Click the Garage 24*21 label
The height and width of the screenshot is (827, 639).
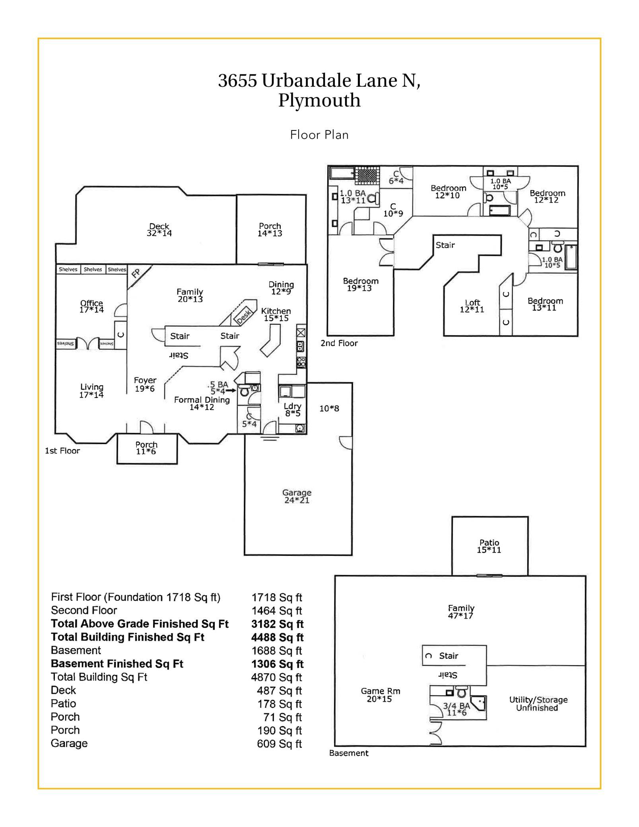[297, 496]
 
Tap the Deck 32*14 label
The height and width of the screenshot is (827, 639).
[159, 230]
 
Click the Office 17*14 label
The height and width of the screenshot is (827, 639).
[91, 306]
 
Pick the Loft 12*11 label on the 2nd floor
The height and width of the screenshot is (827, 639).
[472, 306]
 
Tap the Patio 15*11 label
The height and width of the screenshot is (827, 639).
[489, 546]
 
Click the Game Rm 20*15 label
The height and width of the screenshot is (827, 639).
[381, 695]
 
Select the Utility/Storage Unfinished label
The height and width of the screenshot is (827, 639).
[538, 703]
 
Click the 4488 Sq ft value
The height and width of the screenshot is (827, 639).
[277, 637]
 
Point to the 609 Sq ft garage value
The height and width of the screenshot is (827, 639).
[280, 744]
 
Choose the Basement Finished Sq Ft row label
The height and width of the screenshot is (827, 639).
[117, 664]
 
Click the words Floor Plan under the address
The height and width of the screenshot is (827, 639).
[319, 135]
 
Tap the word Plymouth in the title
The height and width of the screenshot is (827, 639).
[319, 101]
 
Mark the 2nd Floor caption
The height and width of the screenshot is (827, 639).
[339, 343]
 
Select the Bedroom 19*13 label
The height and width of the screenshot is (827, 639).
[361, 284]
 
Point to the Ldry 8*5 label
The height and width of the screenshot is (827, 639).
[293, 410]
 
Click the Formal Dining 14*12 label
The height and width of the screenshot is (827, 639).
[202, 403]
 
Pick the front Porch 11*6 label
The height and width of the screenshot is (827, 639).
[146, 448]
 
